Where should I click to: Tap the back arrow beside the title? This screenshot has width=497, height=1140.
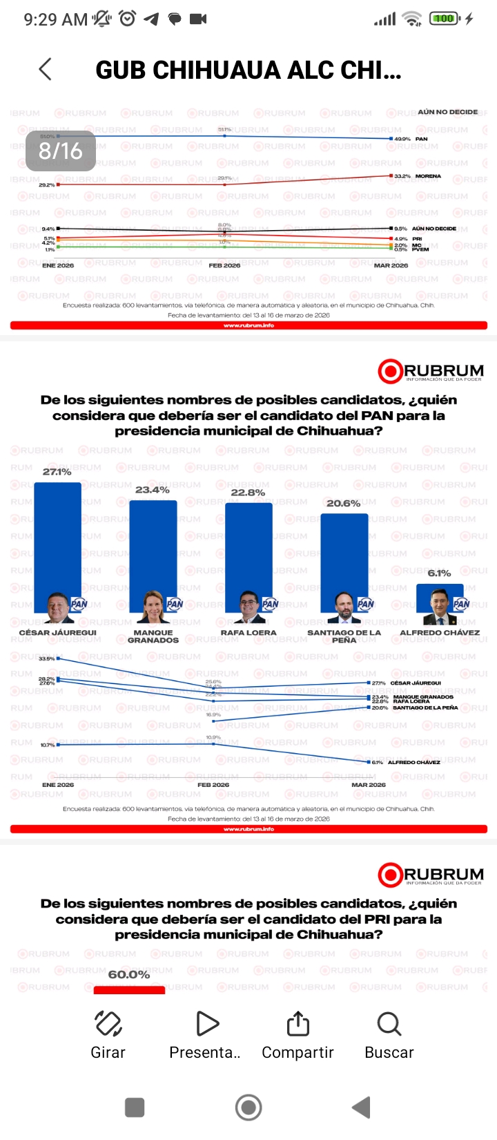tap(46, 69)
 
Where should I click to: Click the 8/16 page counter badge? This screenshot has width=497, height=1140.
tap(61, 151)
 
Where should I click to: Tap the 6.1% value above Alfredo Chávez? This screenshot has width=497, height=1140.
tap(439, 573)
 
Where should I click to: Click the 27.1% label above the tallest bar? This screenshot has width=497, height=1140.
tap(57, 472)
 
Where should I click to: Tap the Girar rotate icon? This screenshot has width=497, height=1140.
tap(108, 1024)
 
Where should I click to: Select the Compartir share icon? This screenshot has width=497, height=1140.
tap(298, 1024)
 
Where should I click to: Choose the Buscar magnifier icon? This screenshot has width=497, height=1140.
tap(389, 1024)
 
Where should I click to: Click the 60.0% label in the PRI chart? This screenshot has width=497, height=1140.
tap(129, 974)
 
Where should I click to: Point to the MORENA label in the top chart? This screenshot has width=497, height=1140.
tap(428, 176)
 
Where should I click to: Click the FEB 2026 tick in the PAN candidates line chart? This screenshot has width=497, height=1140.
tap(213, 785)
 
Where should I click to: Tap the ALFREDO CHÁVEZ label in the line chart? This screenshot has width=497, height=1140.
tap(414, 762)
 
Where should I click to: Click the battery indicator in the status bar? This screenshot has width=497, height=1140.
tap(445, 19)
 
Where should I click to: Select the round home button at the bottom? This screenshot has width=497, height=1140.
tap(248, 1108)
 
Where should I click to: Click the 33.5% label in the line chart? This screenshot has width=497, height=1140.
tap(47, 658)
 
